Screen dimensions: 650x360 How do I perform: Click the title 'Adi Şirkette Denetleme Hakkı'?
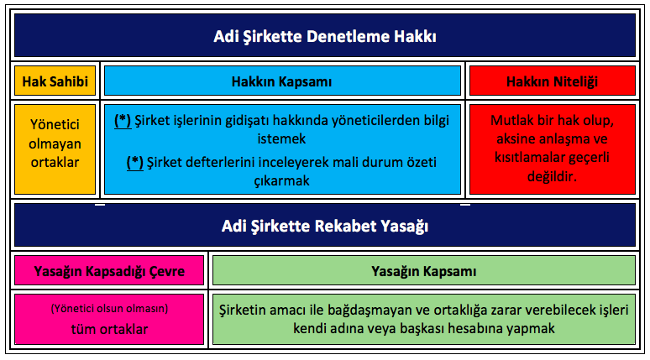coord(325,36)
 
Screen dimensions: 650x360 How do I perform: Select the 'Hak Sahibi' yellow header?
coord(55,81)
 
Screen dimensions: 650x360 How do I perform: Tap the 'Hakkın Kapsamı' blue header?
coord(282,81)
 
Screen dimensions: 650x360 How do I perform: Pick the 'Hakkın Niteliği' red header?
coord(553,81)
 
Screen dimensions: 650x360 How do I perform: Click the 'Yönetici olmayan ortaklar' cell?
coord(55,143)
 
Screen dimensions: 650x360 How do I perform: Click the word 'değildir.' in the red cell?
coord(553,176)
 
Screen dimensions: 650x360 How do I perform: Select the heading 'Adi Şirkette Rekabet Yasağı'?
coord(325,227)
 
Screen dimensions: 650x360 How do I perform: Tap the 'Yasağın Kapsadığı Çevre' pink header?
coord(109,271)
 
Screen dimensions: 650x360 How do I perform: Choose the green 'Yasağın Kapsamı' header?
coord(423,271)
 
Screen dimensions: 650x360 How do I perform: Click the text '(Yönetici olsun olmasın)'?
coord(109,309)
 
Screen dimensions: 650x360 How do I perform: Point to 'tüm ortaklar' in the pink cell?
coord(109,329)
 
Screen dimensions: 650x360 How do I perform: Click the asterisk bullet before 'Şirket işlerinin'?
coord(123,121)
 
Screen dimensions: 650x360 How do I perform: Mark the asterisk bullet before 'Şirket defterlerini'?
coord(134,163)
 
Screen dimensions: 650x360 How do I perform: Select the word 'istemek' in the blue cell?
coord(282,138)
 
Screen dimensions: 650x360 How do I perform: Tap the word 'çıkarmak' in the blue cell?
coord(282,181)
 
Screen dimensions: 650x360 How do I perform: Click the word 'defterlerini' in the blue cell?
coord(221,162)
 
